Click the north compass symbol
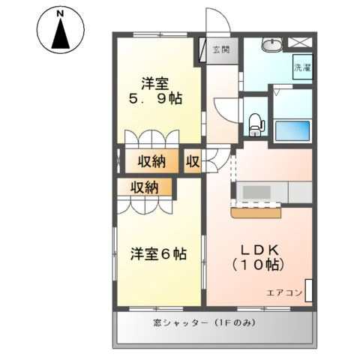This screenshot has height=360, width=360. tap(59, 29)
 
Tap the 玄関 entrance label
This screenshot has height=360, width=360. tap(220, 50)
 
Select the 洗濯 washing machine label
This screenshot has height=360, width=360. tap(301, 67)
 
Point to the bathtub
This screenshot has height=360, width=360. tap(292, 132)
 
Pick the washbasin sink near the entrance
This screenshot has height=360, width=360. tap(271, 45)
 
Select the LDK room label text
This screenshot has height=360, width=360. tap(259, 254)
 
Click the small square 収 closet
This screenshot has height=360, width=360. tap(193, 160)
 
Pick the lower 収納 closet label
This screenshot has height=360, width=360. tap(144, 187)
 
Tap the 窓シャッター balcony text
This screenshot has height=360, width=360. tap(214, 322)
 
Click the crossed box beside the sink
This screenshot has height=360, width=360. tap(301, 43)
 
